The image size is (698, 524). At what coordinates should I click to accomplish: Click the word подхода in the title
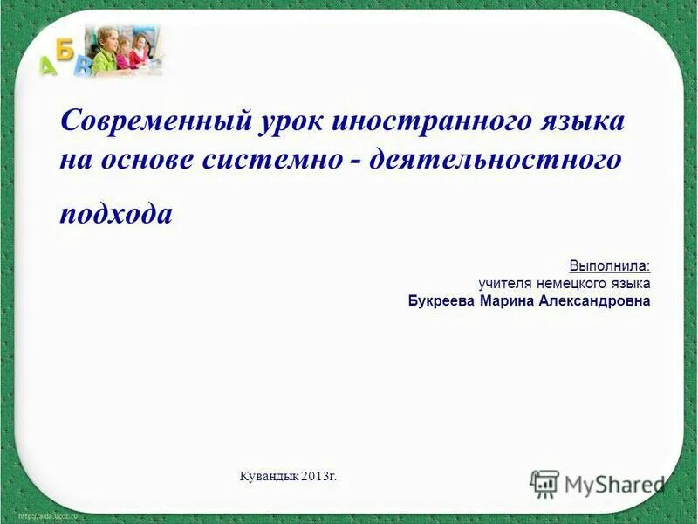(116, 214)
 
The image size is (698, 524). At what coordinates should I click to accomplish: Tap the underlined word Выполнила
(610, 265)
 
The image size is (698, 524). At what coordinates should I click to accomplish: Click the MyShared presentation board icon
(544, 484)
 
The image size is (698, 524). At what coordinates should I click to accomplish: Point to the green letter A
(48, 65)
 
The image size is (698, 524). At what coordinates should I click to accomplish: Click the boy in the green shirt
(106, 52)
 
